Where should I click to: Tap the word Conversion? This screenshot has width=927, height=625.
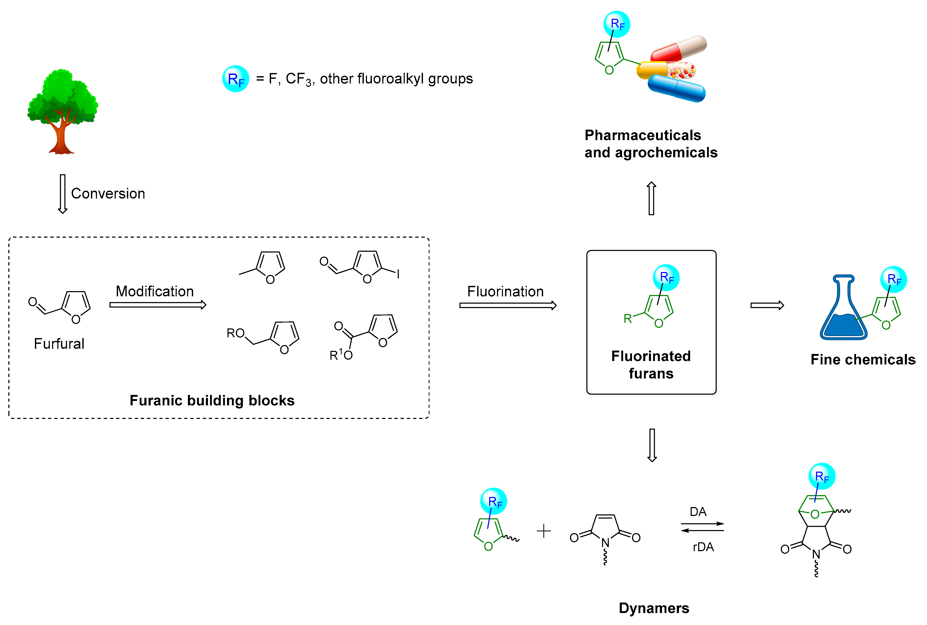tap(108, 194)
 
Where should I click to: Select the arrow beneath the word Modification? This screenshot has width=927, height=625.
tap(158, 305)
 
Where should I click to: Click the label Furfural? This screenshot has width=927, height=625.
tap(59, 344)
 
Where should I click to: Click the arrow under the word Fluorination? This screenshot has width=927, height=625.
tap(508, 305)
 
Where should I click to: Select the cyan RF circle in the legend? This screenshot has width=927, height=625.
tap(235, 79)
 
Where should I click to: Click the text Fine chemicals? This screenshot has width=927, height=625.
tap(862, 359)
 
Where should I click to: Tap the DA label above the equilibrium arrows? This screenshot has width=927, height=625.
tap(698, 512)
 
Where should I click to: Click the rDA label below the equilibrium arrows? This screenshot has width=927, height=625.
tap(703, 547)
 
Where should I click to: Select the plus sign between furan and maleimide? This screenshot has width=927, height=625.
tap(544, 531)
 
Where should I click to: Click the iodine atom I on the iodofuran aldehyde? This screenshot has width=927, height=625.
tap(398, 274)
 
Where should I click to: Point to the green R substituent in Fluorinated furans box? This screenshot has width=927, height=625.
tap(628, 319)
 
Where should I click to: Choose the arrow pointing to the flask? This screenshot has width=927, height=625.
tap(767, 305)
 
